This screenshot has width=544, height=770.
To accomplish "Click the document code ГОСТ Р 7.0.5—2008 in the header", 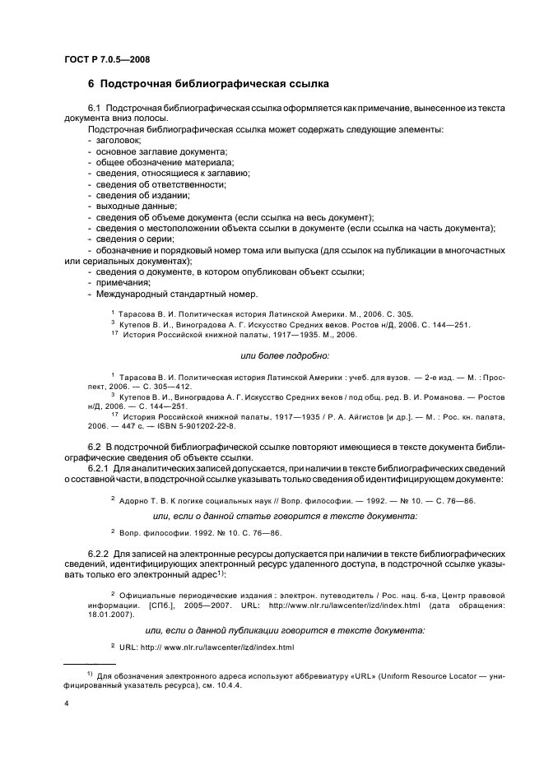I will click(x=106, y=58).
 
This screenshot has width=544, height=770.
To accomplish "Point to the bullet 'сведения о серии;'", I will click(x=136, y=239).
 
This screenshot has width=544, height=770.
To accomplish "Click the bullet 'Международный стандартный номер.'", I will click(x=176, y=294).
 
